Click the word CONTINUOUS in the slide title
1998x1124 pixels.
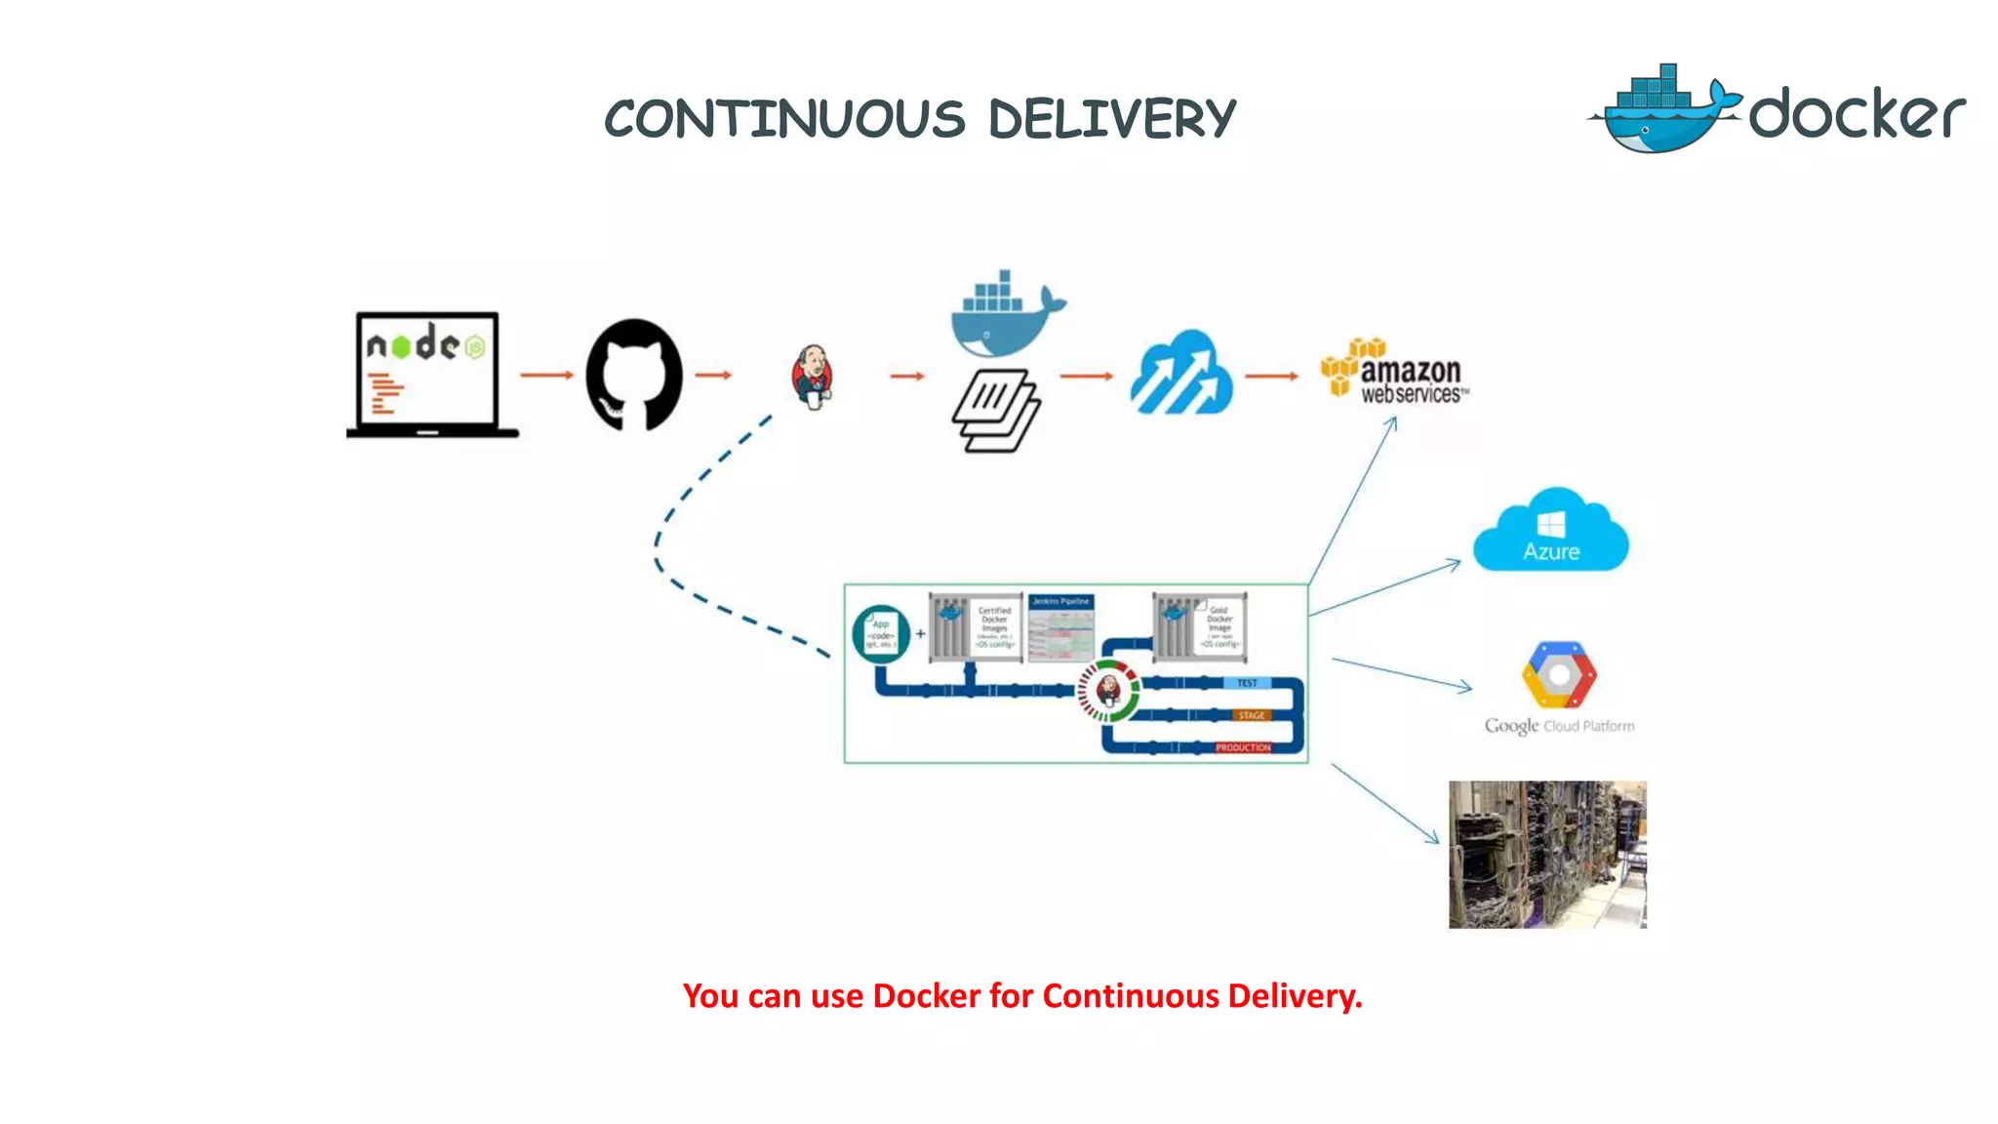pos(784,120)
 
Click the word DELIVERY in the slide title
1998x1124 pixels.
pos(1112,120)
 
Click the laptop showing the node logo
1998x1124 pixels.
pos(429,374)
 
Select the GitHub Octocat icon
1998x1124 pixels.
pos(634,375)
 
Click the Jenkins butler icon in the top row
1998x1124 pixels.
pos(812,376)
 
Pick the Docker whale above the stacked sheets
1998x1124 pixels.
pos(1005,314)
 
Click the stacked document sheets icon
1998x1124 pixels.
pos(995,410)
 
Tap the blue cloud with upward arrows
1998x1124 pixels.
pos(1180,374)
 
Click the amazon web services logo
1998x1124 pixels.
pos(1395,373)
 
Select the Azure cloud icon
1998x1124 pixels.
pos(1550,531)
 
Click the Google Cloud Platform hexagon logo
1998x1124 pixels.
pos(1559,675)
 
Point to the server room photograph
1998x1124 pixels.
pos(1547,854)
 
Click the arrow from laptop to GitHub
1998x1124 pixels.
pos(546,375)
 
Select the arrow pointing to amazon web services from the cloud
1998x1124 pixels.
pos(1271,376)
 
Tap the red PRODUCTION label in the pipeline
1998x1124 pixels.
pos(1242,747)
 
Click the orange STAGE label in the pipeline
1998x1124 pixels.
pos(1251,715)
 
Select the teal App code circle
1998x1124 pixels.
pos(881,634)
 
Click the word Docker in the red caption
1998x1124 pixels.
pos(926,996)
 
